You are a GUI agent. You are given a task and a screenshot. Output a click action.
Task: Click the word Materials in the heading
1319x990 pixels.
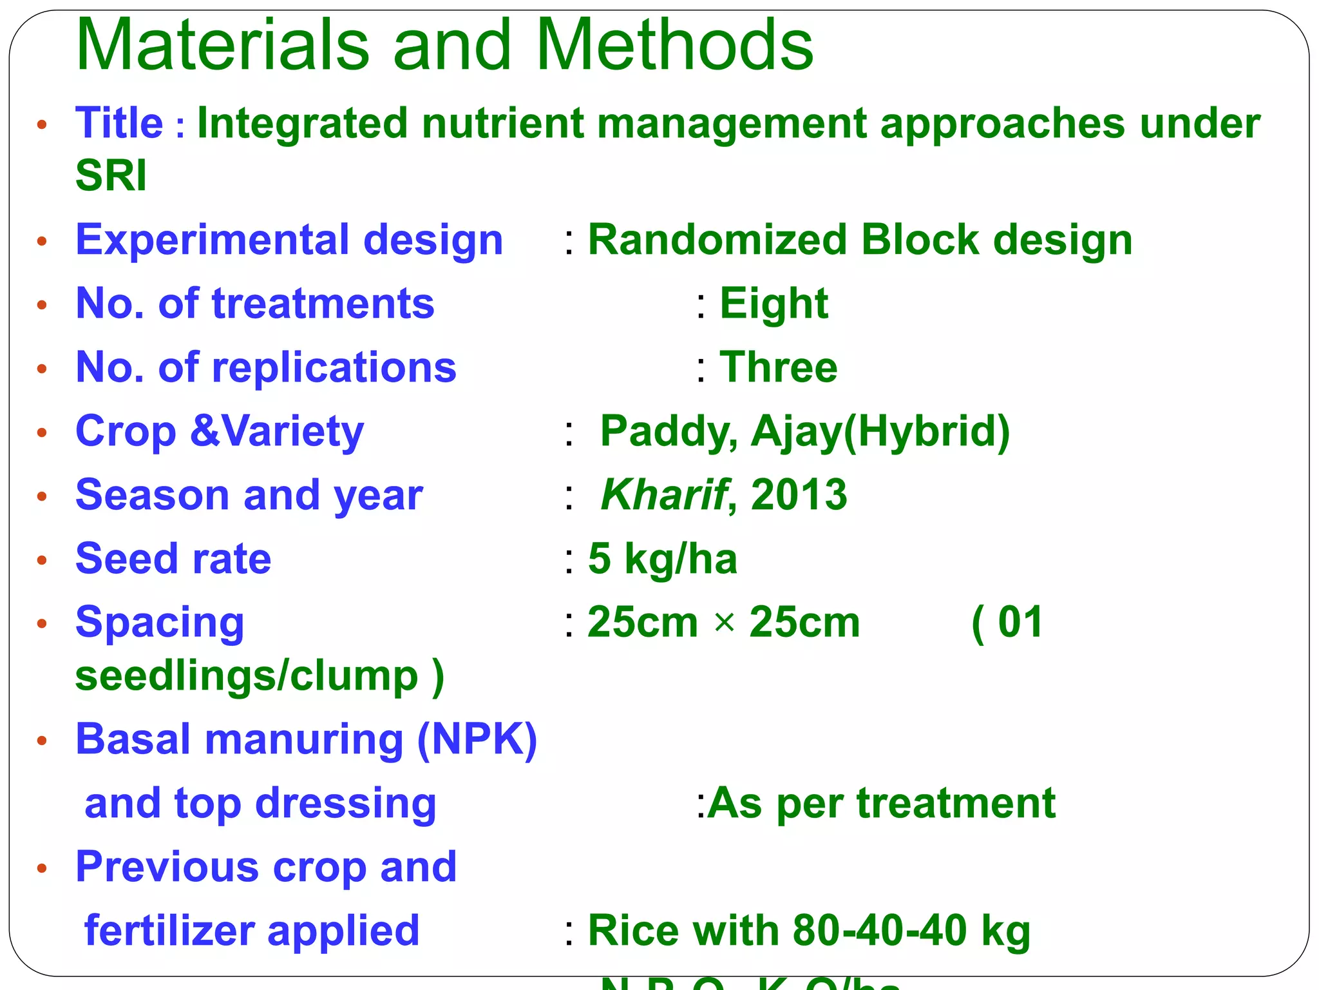point(222,45)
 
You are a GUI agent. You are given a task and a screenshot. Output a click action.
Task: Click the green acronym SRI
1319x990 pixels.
point(111,175)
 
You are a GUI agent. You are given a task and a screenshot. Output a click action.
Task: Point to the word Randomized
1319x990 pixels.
point(717,240)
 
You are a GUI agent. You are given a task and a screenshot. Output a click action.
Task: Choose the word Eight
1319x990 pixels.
point(773,304)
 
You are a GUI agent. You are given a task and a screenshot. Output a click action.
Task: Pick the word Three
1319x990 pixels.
point(778,367)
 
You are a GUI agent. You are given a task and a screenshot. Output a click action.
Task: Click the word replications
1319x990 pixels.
point(334,367)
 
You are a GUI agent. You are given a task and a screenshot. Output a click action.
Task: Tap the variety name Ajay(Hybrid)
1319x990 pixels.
point(880,432)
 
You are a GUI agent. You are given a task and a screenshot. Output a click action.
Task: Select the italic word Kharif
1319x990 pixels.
point(663,495)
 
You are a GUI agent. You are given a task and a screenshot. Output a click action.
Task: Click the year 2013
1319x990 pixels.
point(799,495)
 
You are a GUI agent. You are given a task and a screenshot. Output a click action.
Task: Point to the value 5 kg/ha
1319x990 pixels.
point(662,559)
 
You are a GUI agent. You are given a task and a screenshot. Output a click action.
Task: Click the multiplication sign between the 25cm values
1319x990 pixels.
point(725,623)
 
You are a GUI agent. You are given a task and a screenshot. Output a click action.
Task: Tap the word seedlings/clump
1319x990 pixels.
point(247,676)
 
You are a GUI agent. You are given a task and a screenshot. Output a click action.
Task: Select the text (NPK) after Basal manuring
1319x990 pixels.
point(477,739)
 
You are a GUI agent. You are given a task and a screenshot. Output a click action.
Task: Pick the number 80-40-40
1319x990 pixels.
point(880,931)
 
